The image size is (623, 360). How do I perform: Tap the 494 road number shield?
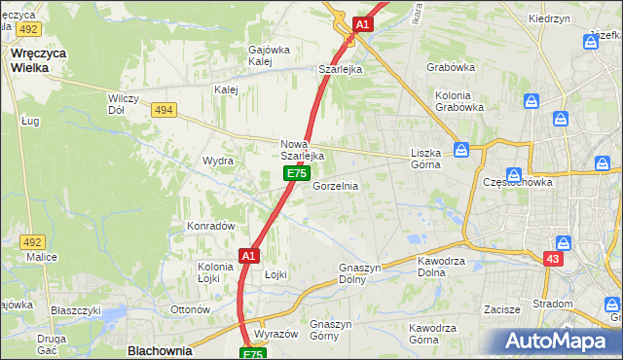click(x=164, y=110)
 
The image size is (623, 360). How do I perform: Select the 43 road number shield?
click(x=553, y=258)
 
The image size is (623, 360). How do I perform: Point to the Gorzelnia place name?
click(x=335, y=186)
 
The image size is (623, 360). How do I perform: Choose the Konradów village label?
click(x=211, y=226)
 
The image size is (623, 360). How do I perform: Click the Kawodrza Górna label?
click(x=435, y=334)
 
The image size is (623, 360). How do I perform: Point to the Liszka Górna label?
click(x=425, y=159)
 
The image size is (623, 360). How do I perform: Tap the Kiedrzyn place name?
click(x=575, y=18)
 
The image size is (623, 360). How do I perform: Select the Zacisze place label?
click(x=503, y=309)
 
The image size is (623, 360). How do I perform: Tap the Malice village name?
click(x=42, y=257)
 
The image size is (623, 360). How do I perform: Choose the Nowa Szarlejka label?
click(x=302, y=150)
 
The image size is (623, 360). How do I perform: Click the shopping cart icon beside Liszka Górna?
click(x=461, y=150)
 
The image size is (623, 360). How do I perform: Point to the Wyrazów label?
click(x=275, y=334)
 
